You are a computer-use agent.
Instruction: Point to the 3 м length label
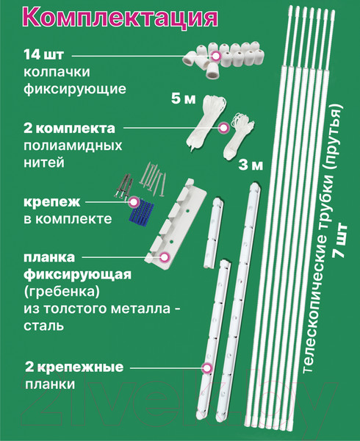coord(251,165)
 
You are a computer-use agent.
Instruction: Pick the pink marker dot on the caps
coord(217,56)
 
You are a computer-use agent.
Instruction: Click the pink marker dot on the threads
coord(223,127)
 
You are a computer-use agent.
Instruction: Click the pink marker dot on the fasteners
coord(134,201)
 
